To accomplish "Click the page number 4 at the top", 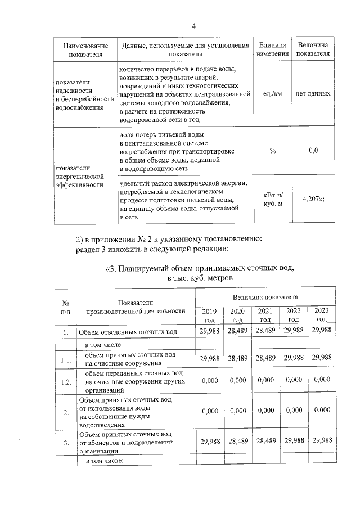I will pyautogui.click(x=193, y=26).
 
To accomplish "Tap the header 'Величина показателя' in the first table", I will pyautogui.click(x=313, y=49).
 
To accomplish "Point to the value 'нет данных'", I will pyautogui.click(x=313, y=94).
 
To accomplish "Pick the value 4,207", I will pyautogui.click(x=313, y=199).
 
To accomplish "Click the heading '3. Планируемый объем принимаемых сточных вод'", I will pyautogui.click(x=200, y=268).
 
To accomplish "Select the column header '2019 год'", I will pyautogui.click(x=209, y=315).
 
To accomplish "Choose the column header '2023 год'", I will pyautogui.click(x=322, y=315).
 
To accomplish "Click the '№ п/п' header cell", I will pyautogui.click(x=65, y=307).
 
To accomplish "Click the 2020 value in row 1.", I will pyautogui.click(x=237, y=332).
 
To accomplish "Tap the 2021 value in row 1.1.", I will pyautogui.click(x=264, y=358).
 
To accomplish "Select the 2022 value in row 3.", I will pyautogui.click(x=294, y=442).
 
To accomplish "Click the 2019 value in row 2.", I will pyautogui.click(x=209, y=411).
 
